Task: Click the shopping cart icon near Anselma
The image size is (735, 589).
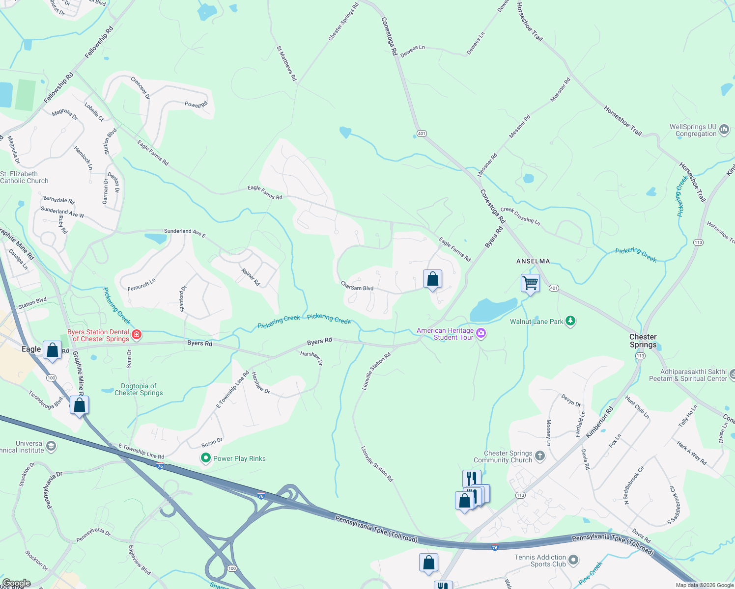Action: (x=530, y=283)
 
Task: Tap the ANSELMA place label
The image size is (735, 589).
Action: (x=533, y=261)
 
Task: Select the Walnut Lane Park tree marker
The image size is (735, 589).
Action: (x=570, y=321)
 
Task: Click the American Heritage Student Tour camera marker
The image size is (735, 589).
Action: (x=481, y=334)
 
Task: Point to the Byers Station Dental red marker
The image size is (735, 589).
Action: (x=137, y=335)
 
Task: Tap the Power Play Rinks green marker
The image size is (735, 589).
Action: (x=206, y=458)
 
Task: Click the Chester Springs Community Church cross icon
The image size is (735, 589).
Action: (x=540, y=456)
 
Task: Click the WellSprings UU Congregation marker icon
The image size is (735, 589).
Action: (x=724, y=130)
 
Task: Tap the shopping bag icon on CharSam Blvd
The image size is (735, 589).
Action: (x=432, y=279)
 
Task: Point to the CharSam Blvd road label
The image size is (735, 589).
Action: (x=357, y=286)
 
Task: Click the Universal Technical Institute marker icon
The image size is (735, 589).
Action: (x=51, y=447)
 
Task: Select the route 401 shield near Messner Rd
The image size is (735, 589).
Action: (x=422, y=134)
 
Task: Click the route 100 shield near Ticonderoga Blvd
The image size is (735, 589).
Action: (x=51, y=378)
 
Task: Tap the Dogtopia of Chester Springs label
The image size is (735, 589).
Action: (x=139, y=389)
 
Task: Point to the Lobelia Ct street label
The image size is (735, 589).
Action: (x=94, y=111)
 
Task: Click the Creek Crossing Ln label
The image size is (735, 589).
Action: (x=520, y=216)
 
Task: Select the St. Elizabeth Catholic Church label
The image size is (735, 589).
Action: (x=24, y=177)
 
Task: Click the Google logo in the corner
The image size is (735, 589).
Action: (x=16, y=583)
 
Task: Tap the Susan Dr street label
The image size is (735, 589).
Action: (x=212, y=443)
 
